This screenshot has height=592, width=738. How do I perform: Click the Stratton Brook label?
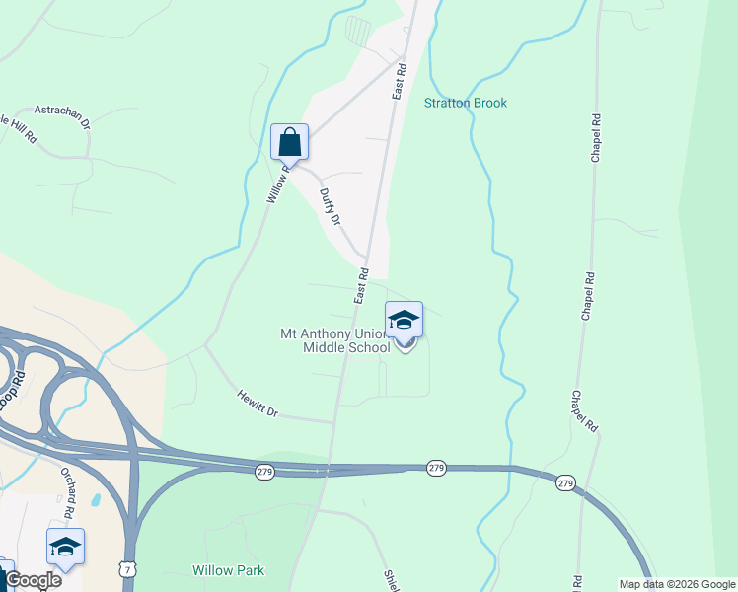click(466, 103)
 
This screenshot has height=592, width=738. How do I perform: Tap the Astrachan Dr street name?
click(62, 116)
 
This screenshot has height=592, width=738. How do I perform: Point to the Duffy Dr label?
click(330, 208)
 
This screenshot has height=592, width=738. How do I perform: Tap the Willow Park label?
click(229, 570)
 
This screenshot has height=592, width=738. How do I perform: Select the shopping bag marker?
click(289, 142)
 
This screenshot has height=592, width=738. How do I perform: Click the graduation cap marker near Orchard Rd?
click(65, 547)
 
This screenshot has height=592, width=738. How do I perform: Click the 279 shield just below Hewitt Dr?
click(264, 473)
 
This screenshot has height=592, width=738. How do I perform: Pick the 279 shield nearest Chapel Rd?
click(564, 482)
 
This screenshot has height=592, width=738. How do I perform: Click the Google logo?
click(33, 580)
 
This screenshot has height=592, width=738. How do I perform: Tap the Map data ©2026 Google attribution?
click(677, 584)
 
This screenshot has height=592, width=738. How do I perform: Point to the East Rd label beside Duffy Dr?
click(362, 285)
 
